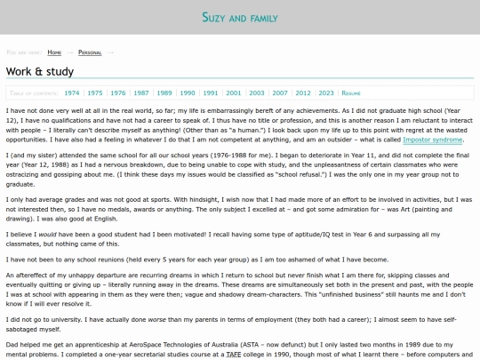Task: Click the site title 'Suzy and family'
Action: tap(240, 18)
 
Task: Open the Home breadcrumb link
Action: tap(54, 52)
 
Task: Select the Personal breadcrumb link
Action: tap(90, 52)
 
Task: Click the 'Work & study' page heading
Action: tap(40, 71)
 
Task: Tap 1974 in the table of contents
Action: tap(71, 92)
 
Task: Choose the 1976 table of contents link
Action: tap(118, 92)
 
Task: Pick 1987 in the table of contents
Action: tap(141, 92)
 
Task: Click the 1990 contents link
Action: tap(188, 92)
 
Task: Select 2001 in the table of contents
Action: tap(233, 92)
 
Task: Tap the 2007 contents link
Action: tap(280, 92)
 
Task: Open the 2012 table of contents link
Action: tap(303, 92)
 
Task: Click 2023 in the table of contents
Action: tap(326, 92)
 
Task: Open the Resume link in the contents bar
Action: tap(351, 92)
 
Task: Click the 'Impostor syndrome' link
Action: tap(433, 140)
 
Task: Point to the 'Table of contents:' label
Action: tap(33, 92)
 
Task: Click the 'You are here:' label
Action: tap(23, 52)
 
